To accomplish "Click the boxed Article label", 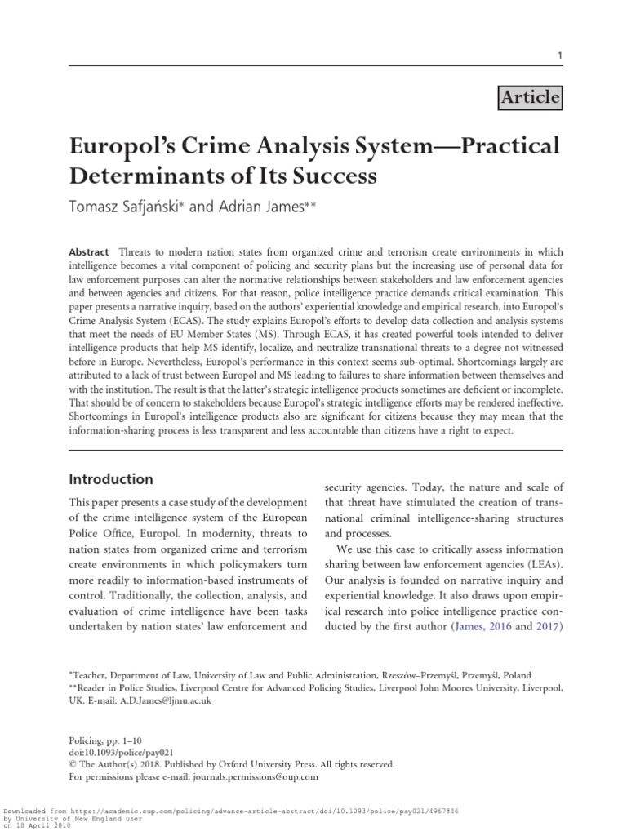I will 529,98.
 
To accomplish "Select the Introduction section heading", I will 110,479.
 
